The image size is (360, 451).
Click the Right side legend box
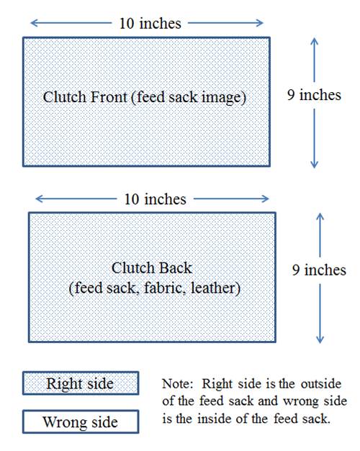pyautogui.click(x=81, y=383)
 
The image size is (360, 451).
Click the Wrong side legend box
pyautogui.click(x=81, y=422)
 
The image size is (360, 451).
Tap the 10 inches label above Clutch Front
pyautogui.click(x=150, y=23)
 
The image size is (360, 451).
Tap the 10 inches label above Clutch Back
pyautogui.click(x=156, y=199)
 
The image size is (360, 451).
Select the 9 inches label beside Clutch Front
pyautogui.click(x=314, y=95)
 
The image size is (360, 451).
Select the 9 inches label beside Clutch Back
pyautogui.click(x=319, y=270)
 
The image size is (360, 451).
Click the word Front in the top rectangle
pyautogui.click(x=109, y=97)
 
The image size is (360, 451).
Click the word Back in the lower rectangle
pyautogui.click(x=176, y=268)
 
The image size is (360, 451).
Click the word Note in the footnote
pyautogui.click(x=176, y=383)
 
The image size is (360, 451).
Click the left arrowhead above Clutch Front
pyautogui.click(x=35, y=23)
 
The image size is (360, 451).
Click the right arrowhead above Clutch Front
pyautogui.click(x=259, y=23)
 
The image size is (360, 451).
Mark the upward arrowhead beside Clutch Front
pyautogui.click(x=314, y=42)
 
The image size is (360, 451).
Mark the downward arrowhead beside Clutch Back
pyautogui.click(x=320, y=340)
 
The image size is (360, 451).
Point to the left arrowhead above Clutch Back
pyautogui.click(x=40, y=199)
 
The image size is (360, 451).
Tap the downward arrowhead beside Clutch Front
pyautogui.click(x=314, y=164)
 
